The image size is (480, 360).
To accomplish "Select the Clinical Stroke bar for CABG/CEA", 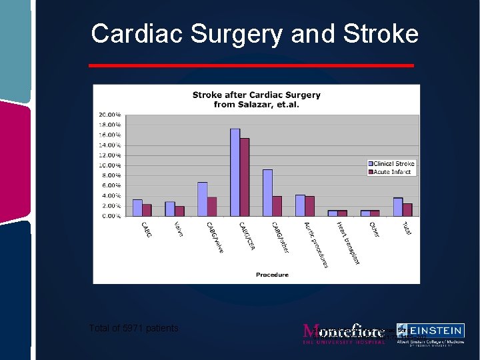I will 235,172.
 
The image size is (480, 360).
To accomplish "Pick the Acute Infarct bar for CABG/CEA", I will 245,177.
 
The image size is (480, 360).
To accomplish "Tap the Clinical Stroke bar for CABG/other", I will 267,193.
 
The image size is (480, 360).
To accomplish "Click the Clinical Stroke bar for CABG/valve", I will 203,199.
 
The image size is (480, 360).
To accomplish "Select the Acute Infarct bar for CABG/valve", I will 212,206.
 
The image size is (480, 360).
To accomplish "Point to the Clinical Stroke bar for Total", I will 398,207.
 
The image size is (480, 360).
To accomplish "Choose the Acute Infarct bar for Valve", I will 179,211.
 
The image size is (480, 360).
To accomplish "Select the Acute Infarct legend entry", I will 390,172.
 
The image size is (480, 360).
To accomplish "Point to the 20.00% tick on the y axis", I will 110,115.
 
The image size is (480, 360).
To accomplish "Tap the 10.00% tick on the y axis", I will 110,165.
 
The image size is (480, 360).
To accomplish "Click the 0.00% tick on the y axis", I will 111,216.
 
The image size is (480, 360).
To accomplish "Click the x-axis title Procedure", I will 273,275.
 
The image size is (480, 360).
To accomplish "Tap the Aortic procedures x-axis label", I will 317,245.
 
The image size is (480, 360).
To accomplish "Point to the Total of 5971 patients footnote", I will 133,328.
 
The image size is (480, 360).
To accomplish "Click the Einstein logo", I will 429,334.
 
